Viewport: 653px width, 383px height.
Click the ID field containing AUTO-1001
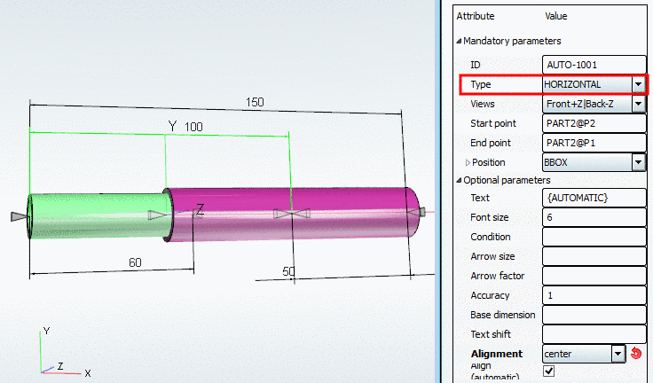[593, 65]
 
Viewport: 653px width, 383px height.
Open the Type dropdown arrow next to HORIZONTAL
[638, 84]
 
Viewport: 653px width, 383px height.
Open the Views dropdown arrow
[638, 104]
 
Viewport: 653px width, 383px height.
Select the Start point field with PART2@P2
[593, 123]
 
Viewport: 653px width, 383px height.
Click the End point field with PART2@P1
[593, 143]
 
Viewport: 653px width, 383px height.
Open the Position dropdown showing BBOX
[638, 162]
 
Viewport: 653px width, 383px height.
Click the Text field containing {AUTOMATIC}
[593, 198]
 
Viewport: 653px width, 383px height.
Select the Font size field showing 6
[593, 217]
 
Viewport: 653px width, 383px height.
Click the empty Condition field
[593, 237]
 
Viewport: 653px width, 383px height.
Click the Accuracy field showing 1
[593, 295]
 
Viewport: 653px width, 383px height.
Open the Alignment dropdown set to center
[618, 354]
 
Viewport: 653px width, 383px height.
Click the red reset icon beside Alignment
[636, 354]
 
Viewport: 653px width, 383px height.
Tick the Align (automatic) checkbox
[548, 371]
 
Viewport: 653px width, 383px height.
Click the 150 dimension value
[255, 102]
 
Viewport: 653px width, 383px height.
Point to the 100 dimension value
[193, 127]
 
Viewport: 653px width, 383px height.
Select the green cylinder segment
[98, 215]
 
